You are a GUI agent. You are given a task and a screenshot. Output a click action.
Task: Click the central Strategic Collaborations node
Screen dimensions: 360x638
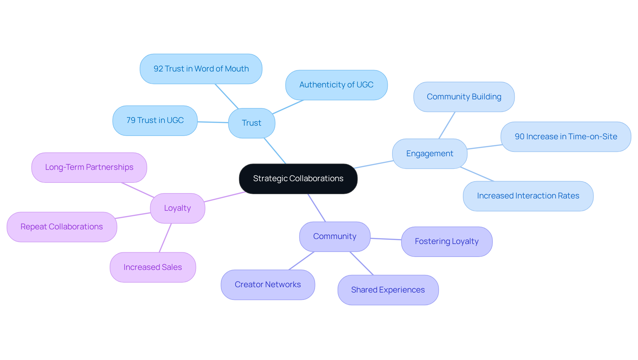point(298,179)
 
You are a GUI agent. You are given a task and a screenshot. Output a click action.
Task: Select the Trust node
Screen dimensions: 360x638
point(252,123)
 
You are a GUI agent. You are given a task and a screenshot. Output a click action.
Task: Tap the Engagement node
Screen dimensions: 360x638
point(429,154)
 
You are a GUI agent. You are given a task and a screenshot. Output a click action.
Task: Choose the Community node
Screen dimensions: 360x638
point(335,236)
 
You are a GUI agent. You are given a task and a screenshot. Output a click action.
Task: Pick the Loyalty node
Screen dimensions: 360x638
point(177,208)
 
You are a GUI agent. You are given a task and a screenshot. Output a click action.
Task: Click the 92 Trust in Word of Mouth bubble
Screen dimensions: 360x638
point(201,69)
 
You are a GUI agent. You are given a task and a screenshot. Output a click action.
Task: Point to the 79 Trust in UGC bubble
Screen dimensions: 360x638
point(155,120)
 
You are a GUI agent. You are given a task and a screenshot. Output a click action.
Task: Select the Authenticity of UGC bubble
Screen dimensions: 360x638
point(336,85)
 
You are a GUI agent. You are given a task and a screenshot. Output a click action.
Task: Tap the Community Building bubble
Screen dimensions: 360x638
point(464,97)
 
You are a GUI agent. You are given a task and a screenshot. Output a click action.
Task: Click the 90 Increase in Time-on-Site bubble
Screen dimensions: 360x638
point(566,137)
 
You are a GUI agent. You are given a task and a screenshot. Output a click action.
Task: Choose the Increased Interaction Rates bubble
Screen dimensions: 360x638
point(528,196)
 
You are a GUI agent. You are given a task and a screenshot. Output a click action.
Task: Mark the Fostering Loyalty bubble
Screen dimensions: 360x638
point(447,241)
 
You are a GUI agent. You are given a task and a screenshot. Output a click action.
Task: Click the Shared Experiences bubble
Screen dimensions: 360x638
point(388,290)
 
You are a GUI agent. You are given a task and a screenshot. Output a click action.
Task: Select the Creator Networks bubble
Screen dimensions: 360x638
point(267,285)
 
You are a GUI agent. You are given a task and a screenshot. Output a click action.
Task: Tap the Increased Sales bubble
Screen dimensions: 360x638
point(153,267)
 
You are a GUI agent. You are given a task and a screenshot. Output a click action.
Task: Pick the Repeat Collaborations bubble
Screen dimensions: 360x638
point(61,227)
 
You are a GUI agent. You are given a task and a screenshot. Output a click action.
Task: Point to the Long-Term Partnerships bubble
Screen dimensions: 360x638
point(89,167)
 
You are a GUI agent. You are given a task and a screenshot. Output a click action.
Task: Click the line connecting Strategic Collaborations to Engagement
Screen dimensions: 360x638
point(374,165)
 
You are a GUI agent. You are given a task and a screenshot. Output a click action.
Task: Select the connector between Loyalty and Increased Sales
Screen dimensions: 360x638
point(165,238)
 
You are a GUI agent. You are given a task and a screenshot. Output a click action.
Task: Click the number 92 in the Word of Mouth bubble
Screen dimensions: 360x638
point(158,69)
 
